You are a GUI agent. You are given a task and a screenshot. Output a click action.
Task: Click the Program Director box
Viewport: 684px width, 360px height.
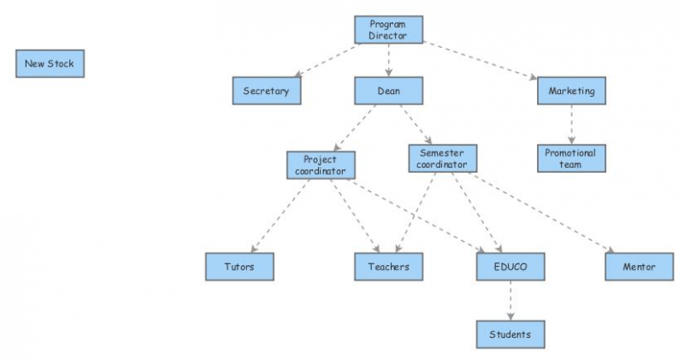tap(389, 30)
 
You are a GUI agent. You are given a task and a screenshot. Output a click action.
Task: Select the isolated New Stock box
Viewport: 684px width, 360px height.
tap(50, 64)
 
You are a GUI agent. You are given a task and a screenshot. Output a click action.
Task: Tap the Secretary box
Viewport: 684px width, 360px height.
tap(266, 91)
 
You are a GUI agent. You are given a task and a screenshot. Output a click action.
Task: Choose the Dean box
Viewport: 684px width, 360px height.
tap(389, 91)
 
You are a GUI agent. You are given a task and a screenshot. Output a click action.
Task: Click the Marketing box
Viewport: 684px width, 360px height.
tap(571, 91)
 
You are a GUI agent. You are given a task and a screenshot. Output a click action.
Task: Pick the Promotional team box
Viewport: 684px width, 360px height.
tap(571, 158)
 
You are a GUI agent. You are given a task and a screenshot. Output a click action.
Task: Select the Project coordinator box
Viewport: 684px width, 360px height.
tap(321, 164)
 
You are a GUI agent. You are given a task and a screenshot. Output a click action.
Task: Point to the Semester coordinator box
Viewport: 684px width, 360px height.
tap(442, 158)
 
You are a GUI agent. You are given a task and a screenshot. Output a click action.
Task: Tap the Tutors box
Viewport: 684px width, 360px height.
tap(240, 267)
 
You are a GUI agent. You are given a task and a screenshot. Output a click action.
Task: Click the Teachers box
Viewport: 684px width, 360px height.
tap(389, 267)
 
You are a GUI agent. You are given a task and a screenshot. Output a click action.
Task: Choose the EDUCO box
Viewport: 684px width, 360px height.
tap(510, 267)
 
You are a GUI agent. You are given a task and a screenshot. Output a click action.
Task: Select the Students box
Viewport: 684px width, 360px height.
tap(510, 333)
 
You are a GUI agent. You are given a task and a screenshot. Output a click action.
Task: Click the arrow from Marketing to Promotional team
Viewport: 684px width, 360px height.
tap(571, 125)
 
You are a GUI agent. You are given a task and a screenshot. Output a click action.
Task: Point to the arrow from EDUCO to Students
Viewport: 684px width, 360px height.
tap(510, 300)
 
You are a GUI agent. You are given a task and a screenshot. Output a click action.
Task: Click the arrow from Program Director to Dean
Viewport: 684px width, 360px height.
tap(389, 60)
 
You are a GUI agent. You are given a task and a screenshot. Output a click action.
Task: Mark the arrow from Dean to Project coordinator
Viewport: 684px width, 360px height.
tap(354, 128)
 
